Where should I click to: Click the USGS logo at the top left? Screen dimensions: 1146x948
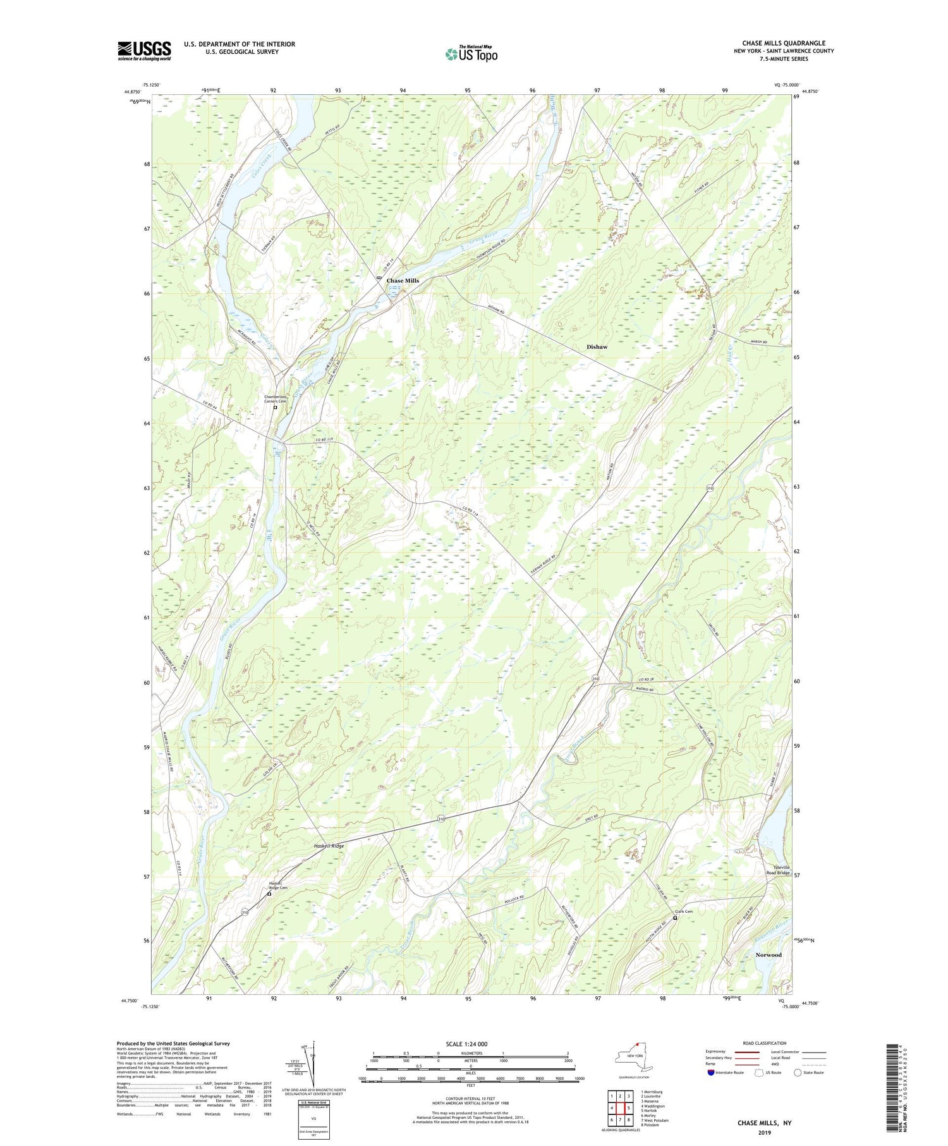(x=144, y=51)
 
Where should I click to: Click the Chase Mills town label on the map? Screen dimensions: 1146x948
(x=403, y=281)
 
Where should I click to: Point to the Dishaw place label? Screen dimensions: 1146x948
(x=597, y=347)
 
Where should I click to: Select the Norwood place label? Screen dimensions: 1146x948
(x=769, y=955)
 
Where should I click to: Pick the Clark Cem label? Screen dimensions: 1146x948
(x=684, y=911)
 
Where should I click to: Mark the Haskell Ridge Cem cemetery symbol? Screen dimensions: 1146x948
(x=269, y=894)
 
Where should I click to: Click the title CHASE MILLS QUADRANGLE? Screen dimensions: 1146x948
(x=784, y=43)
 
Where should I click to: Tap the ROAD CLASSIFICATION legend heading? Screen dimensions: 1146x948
(x=764, y=1043)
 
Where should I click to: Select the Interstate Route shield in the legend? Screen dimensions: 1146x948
(x=711, y=1073)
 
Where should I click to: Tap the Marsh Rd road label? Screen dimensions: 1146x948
(x=759, y=342)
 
